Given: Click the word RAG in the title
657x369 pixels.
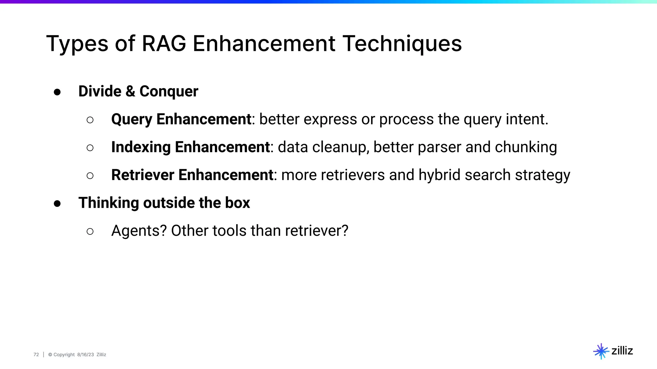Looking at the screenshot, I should pos(164,44).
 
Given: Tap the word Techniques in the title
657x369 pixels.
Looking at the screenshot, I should pos(402,44).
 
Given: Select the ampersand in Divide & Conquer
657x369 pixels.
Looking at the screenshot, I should pos(130,91).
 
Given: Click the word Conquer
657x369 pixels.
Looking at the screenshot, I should pos(169,92).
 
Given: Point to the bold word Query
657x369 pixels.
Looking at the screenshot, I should pos(132,119).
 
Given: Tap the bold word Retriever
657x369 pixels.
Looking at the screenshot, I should pos(142,175).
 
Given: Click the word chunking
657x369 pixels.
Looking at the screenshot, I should pos(526,147).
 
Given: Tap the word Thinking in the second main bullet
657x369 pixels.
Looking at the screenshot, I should pos(108,203).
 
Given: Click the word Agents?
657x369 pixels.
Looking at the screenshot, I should pos(139,231).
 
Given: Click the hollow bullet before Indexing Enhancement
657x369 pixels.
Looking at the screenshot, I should pos(90,148).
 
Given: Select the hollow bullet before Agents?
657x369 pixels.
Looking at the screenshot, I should pos(90,231).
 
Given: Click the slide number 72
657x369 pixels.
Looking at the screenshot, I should pos(36,355).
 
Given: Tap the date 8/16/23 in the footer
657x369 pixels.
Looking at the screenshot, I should pos(85,355).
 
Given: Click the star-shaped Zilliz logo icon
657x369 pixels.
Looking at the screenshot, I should pos(601,351).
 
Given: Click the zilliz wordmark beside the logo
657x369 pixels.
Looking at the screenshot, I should pos(622,351).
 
